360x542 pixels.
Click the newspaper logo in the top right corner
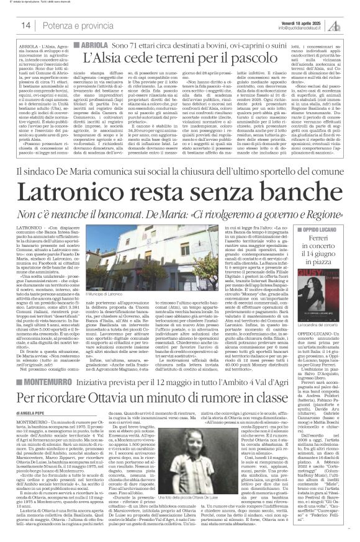[342, 25]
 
